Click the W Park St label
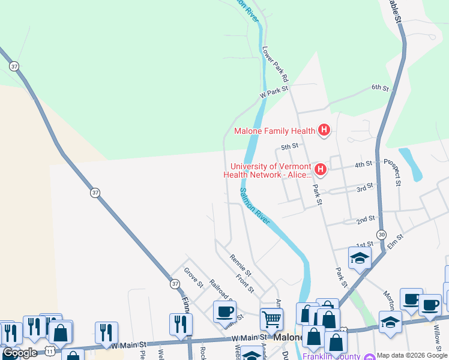[274, 91]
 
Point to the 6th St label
[380, 88]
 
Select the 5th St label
[290, 146]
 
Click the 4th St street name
[364, 164]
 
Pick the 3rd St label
[365, 187]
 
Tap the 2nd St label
[366, 220]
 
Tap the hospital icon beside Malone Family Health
[324, 130]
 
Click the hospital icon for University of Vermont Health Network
[321, 170]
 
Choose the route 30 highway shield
[382, 233]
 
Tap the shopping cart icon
[271, 319]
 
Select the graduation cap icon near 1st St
[360, 258]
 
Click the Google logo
[21, 353]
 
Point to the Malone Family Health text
[274, 131]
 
